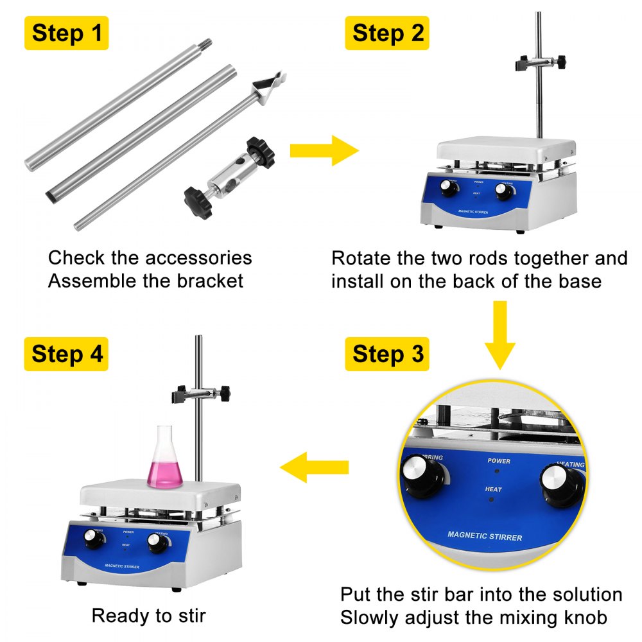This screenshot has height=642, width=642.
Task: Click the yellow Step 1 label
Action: tap(66, 33)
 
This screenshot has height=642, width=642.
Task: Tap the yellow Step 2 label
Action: tap(387, 33)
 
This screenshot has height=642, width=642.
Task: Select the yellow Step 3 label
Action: tap(387, 354)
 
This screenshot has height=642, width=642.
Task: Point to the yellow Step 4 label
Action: tap(66, 354)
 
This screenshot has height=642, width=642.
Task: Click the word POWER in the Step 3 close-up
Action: tap(499, 461)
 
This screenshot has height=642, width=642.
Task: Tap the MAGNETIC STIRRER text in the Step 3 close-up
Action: tap(485, 536)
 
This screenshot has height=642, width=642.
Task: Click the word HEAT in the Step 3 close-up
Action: tap(493, 489)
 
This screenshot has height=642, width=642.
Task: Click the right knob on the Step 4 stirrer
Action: tap(155, 543)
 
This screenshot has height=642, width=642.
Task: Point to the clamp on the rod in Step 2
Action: tap(542, 63)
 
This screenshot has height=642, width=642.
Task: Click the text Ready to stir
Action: tap(148, 616)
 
